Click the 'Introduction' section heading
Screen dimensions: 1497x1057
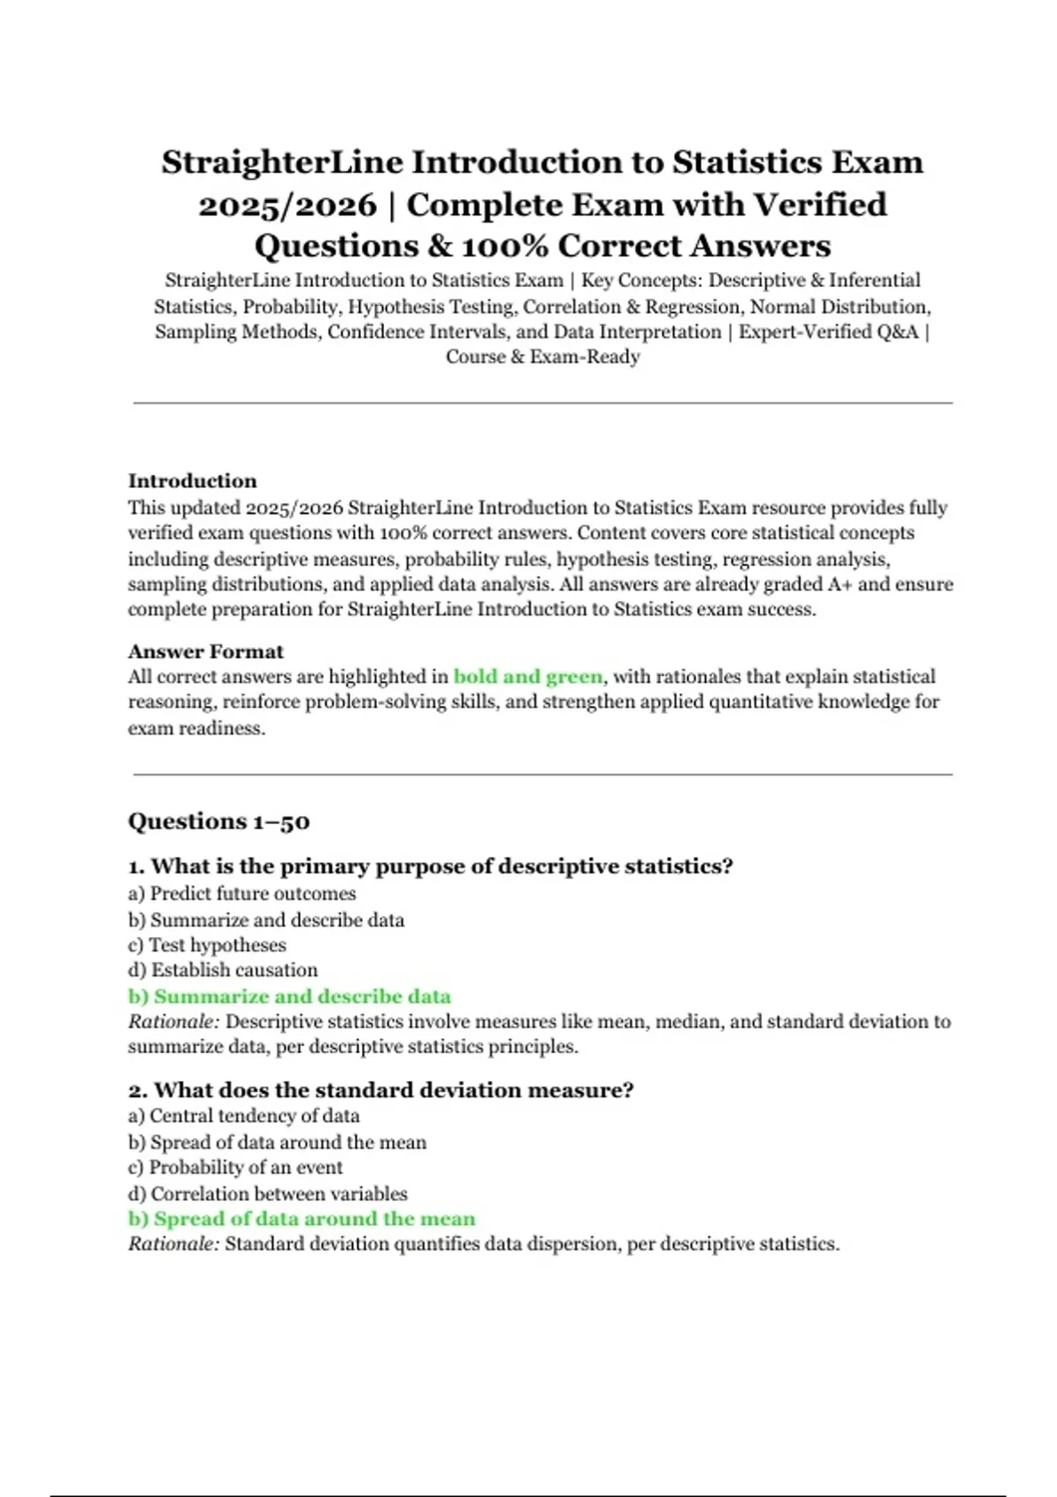tap(192, 481)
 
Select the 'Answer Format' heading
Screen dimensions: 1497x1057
tap(205, 652)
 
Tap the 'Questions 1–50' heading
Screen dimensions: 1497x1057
tap(218, 822)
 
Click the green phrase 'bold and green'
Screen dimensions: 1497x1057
tap(528, 676)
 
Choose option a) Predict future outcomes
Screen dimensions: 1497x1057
tap(241, 894)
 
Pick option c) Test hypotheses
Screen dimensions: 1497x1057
tap(207, 945)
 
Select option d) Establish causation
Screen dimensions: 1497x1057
tap(223, 970)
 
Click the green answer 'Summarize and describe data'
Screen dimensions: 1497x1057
tap(289, 997)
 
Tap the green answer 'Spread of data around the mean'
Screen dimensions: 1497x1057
tap(301, 1219)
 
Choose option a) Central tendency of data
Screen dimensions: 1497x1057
tap(243, 1116)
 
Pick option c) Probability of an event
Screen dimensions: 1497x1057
tap(235, 1168)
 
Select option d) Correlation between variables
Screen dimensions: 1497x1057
tap(268, 1194)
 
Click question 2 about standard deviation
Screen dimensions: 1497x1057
tap(381, 1090)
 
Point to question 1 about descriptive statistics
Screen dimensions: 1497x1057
tap(430, 866)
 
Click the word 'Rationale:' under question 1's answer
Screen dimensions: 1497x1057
tap(174, 1021)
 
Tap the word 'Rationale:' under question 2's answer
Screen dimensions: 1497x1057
tap(174, 1244)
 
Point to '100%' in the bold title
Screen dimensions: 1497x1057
tap(506, 246)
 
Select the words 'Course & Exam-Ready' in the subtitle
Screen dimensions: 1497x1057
tap(543, 357)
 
